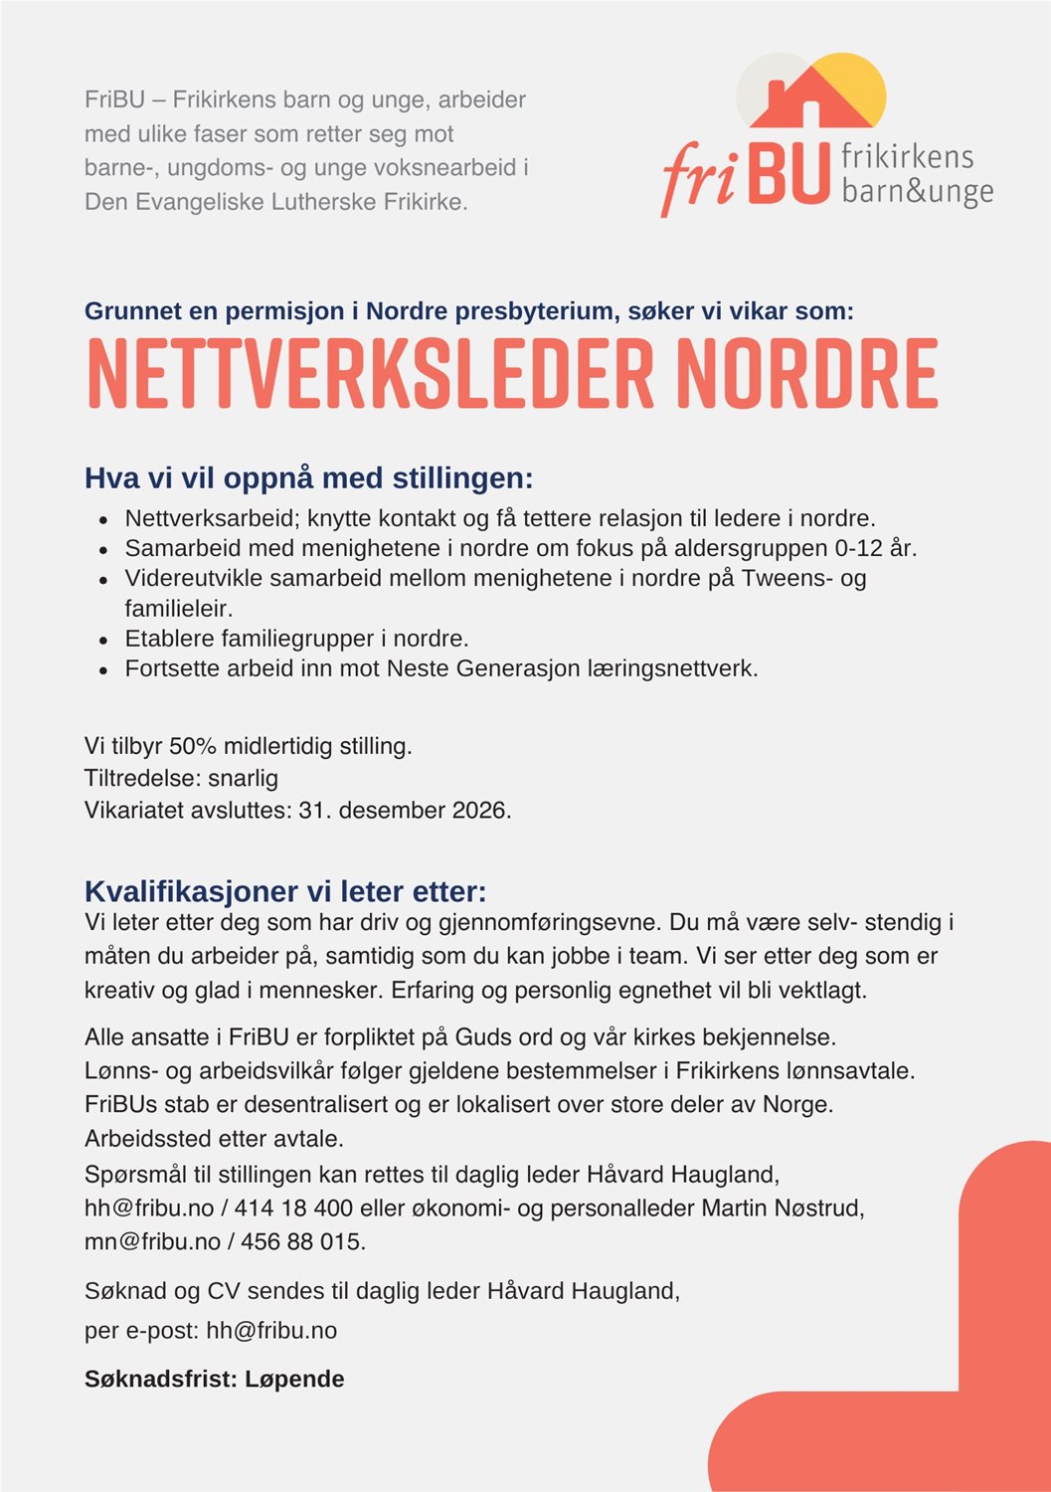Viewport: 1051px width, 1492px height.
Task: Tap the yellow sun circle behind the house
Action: click(861, 80)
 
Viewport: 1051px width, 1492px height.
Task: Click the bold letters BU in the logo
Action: click(788, 174)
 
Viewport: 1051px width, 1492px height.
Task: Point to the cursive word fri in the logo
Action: click(700, 177)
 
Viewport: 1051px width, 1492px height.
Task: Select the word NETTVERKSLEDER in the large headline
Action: click(370, 375)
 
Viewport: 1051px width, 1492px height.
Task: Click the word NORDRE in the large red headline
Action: click(806, 375)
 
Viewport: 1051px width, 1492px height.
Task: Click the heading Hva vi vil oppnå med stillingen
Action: click(309, 478)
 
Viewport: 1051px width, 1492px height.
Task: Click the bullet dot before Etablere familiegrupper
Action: click(103, 640)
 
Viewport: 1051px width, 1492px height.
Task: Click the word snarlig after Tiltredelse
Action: click(243, 778)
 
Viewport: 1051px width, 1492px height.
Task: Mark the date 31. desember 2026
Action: click(404, 810)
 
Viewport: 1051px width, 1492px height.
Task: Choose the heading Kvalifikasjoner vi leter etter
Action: click(285, 890)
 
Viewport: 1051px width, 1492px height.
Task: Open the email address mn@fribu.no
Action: click(152, 1241)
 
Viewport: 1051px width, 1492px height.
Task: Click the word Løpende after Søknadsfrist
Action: click(294, 1379)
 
